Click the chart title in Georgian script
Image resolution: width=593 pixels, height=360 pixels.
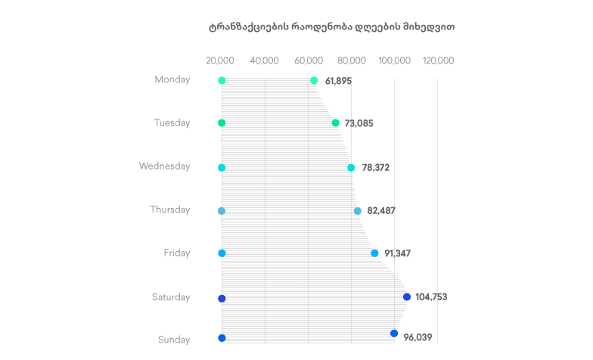(x=332, y=26)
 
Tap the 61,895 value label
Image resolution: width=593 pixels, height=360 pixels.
(x=338, y=81)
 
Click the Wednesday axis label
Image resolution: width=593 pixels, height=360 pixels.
(x=164, y=166)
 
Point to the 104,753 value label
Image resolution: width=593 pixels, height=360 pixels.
(x=431, y=297)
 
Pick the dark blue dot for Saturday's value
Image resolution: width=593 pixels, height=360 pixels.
(x=407, y=297)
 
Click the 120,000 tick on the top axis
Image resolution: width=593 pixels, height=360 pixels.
(x=439, y=61)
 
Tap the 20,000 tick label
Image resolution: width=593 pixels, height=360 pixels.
(x=220, y=61)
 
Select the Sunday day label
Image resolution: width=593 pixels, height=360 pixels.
(x=174, y=340)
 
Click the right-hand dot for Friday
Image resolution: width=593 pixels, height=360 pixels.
(x=374, y=253)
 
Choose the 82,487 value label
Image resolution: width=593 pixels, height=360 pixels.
(x=381, y=211)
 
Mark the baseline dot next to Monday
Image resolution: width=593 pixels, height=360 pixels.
(x=222, y=81)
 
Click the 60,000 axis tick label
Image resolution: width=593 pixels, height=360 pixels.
(x=308, y=61)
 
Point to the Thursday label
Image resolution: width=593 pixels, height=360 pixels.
(x=169, y=209)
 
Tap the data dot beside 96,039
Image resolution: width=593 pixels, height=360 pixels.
(x=394, y=334)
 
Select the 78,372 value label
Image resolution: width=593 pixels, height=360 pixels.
(x=375, y=168)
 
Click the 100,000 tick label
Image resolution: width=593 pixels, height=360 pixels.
(x=395, y=61)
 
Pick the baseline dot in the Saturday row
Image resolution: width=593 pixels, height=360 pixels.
(x=222, y=299)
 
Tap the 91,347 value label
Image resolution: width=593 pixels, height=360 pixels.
(x=397, y=253)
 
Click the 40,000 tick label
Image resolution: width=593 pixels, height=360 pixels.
(x=264, y=61)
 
